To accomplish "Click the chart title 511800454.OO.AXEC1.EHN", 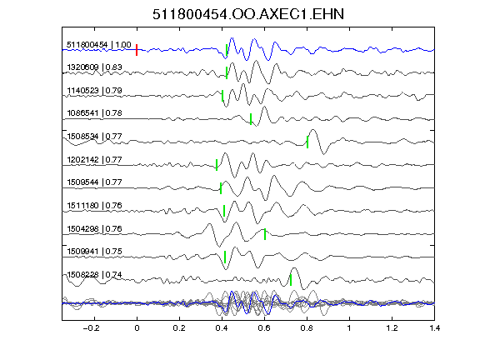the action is [248, 14].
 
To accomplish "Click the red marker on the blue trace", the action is [137, 50].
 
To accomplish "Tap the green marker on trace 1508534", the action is [307, 142].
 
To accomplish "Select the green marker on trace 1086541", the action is [251, 119].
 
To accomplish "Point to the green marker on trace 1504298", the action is [265, 234].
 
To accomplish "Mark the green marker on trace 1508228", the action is [291, 280].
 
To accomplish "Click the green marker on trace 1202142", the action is [217, 165].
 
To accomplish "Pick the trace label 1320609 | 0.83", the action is [95, 67].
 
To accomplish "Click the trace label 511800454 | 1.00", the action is [99, 45].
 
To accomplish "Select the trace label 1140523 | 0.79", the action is [95, 91].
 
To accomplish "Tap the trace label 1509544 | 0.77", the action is [95, 182].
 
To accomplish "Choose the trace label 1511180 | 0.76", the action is [95, 205].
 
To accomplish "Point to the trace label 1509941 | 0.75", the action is [95, 252].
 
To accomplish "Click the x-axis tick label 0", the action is [137, 328].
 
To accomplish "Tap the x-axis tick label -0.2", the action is [91, 328].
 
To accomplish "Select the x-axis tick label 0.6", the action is [264, 328].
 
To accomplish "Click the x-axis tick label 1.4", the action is [434, 328].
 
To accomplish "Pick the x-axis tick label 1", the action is [349, 328].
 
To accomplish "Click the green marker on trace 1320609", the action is [227, 72].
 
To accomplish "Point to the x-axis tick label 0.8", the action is [307, 328].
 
